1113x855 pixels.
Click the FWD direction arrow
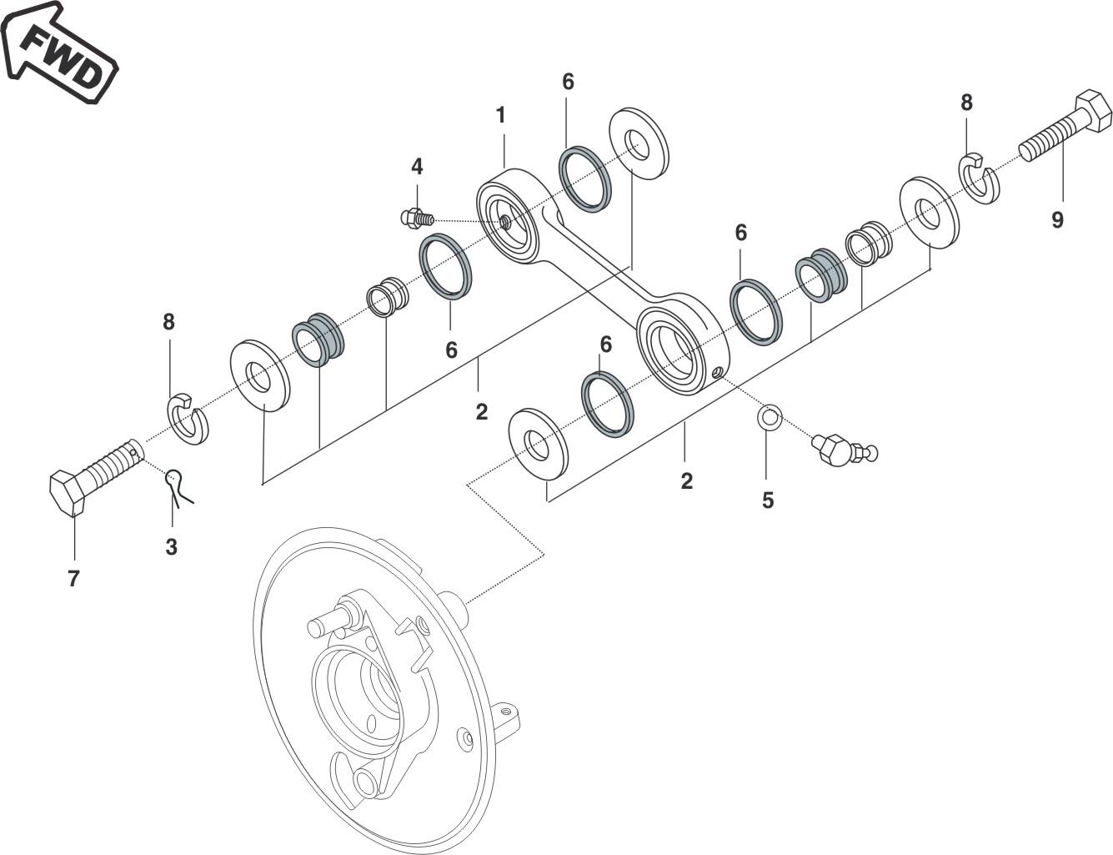59,53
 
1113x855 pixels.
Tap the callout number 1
501,115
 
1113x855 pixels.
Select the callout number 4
417,167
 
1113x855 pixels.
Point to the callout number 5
767,500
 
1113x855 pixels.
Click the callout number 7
73,579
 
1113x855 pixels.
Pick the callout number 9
1057,219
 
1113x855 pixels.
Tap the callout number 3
171,547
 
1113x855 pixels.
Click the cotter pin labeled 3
178,486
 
